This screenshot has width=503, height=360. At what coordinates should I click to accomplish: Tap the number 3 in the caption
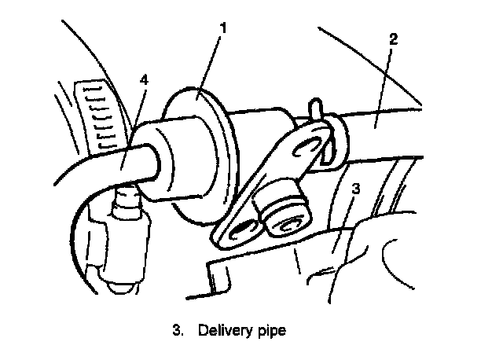pos(176,330)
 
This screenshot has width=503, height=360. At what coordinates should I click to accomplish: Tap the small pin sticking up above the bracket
pos(314,105)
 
